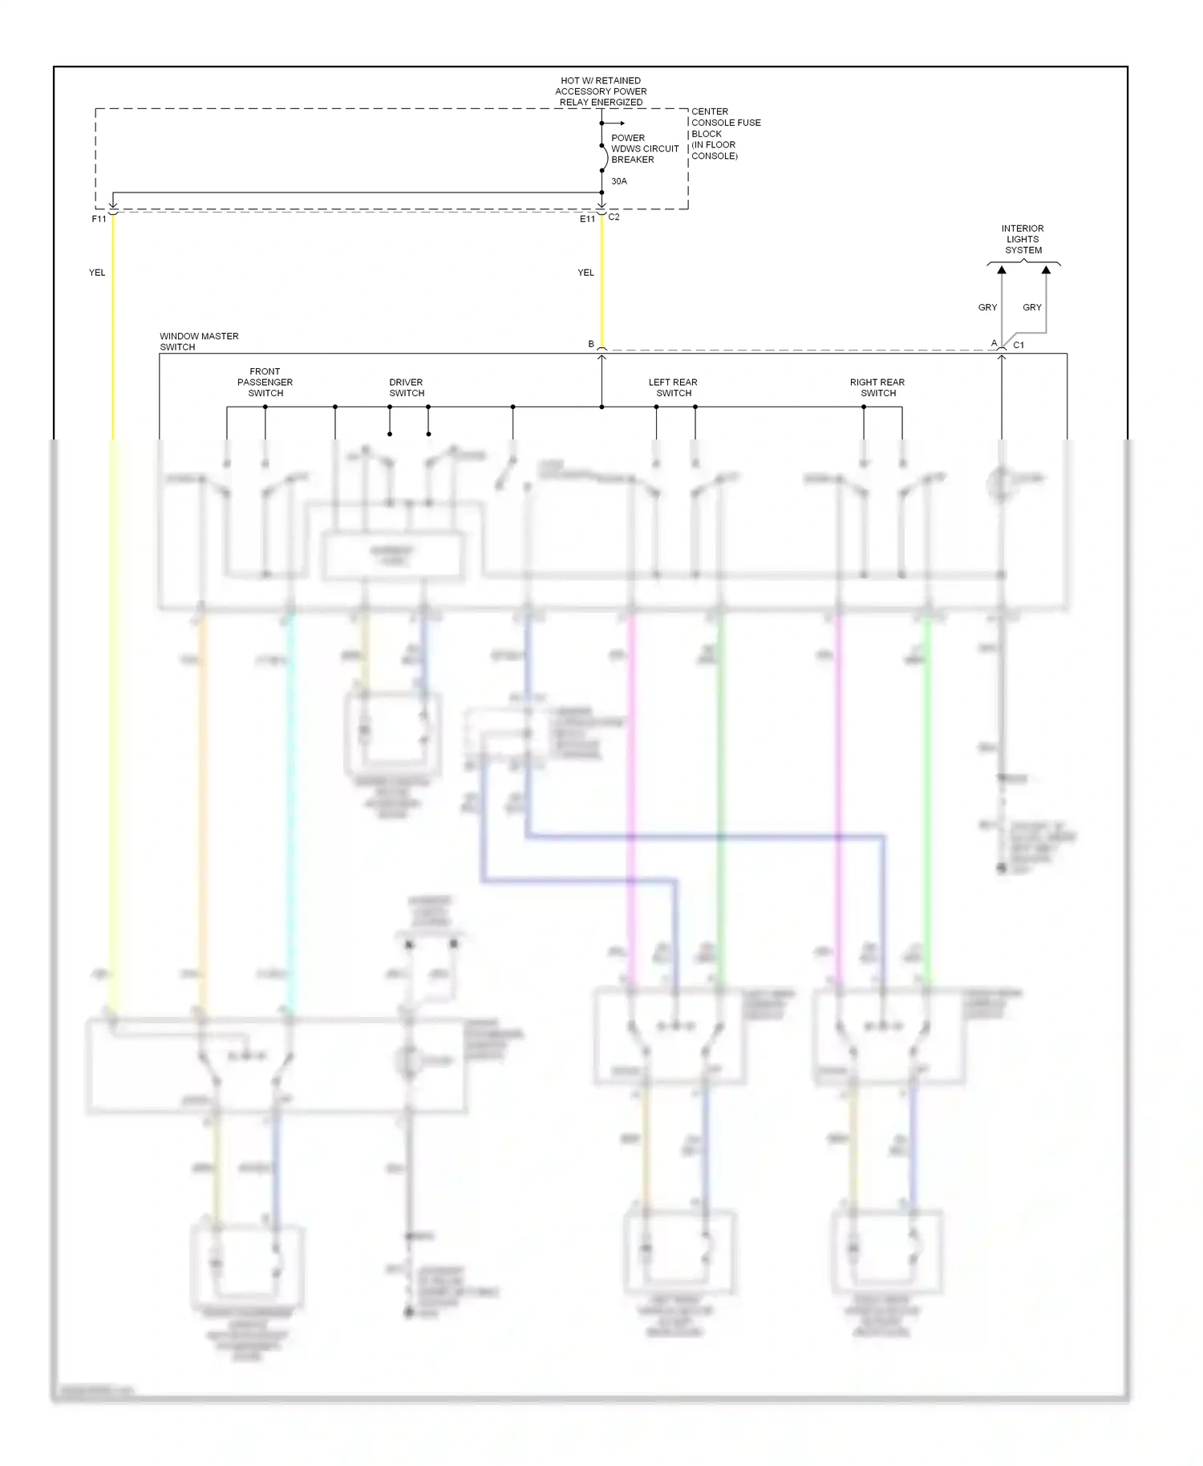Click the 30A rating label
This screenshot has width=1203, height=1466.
619,181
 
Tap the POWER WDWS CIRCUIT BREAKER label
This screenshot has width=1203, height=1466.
644,148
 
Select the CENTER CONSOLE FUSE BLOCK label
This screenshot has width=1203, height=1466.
725,133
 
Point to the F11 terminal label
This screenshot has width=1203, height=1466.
99,219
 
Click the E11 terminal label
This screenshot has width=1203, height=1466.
587,219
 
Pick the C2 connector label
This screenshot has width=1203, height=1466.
614,217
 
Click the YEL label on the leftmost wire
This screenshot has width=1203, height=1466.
97,273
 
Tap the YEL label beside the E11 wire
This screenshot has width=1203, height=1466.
585,273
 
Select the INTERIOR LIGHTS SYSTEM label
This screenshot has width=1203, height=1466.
1023,239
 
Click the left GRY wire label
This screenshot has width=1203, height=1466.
987,307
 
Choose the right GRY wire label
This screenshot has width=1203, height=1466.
1032,307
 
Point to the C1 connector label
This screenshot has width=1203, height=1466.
1019,345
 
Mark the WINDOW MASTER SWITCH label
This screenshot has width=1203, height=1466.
199,342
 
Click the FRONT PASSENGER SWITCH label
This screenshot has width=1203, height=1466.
265,383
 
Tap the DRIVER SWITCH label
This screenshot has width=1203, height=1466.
407,387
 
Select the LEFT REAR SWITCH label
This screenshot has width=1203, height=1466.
673,387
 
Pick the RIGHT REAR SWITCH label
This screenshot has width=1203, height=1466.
877,387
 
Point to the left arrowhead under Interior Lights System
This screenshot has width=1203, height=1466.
1002,271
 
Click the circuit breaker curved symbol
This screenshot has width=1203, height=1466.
605,158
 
